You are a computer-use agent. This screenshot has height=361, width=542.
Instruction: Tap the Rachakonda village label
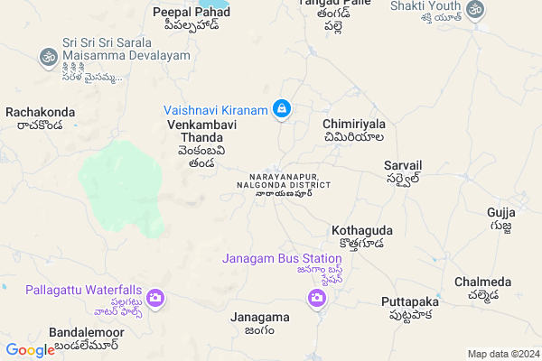pos(40,112)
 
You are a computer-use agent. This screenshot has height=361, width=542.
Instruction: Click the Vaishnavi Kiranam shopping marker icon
pos(283,109)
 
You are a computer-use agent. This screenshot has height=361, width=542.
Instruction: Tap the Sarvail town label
pos(403,167)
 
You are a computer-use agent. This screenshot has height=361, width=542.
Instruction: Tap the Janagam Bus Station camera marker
pos(317,298)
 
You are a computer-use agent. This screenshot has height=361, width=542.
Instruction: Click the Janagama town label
pos(260,318)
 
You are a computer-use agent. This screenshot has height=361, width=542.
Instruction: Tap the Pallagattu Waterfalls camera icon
pos(155,297)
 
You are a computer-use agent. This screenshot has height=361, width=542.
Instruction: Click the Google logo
pos(30,350)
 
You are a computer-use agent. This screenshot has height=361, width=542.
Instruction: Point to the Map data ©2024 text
pos(502,353)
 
